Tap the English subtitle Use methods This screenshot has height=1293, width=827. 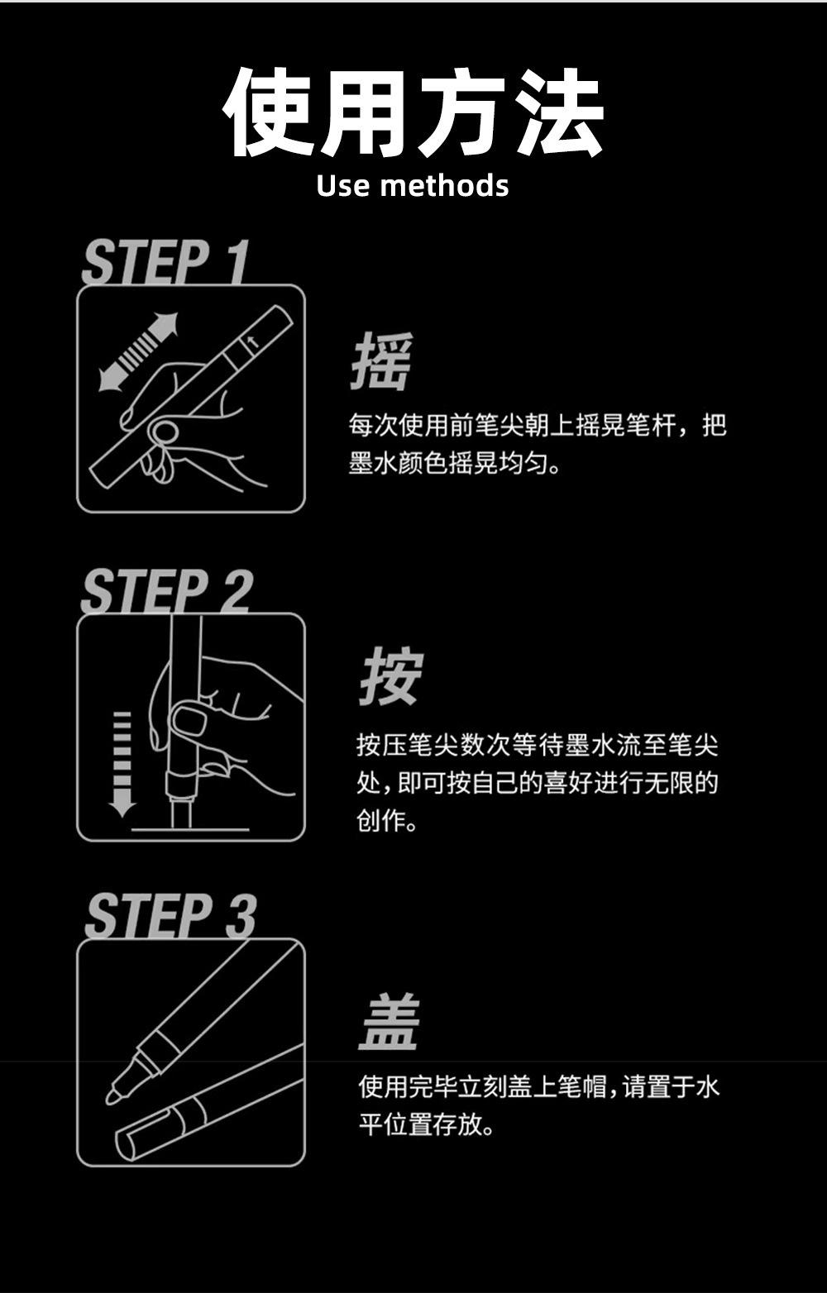413,186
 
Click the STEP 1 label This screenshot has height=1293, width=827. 165,262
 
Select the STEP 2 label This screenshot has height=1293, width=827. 168,590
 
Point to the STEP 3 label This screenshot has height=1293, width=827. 170,916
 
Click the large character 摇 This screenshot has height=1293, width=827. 382,361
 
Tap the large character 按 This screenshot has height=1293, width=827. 391,676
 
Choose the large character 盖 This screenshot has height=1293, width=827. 389,1023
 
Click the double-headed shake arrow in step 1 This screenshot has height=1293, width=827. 138,352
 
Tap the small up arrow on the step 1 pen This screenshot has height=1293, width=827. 251,342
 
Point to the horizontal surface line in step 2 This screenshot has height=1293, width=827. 190,829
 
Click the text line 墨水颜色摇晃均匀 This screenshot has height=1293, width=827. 455,463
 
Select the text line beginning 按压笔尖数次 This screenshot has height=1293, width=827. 537,745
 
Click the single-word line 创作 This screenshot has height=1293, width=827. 386,820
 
